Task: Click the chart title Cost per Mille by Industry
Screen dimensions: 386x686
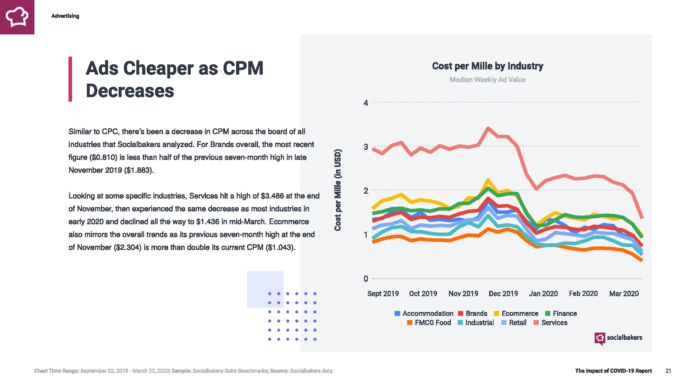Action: [488, 66]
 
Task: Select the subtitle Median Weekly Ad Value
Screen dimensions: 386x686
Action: [488, 80]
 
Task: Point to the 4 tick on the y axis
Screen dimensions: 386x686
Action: [366, 103]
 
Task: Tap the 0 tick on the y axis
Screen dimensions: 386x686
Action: [366, 279]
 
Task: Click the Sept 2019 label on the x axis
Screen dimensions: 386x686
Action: [383, 294]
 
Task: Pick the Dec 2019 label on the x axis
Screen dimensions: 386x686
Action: [503, 294]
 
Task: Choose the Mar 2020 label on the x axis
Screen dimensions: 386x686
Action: [624, 294]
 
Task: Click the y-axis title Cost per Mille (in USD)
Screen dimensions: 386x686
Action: [337, 190]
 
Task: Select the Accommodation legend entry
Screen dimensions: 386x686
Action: [424, 314]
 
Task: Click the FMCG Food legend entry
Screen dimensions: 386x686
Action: [429, 323]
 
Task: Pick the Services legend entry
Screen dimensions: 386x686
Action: [551, 323]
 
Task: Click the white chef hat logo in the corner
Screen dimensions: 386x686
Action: [17, 17]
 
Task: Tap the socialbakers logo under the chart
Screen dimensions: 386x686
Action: [618, 338]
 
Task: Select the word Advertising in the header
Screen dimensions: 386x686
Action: [65, 16]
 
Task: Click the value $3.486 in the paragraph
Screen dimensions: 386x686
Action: [272, 196]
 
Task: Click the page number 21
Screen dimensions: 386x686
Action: [668, 371]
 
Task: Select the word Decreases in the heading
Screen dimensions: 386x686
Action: [130, 91]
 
